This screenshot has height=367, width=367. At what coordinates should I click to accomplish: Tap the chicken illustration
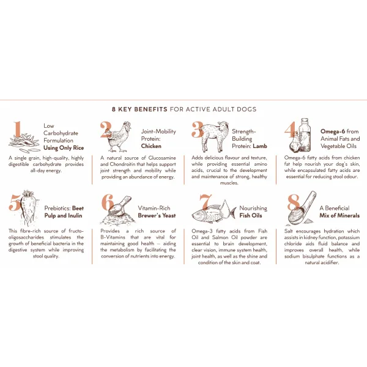pyautogui.click(x=119, y=137)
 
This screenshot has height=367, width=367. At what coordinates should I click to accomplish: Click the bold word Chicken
pyautogui.click(x=151, y=146)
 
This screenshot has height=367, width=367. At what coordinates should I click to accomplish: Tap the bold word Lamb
pyautogui.click(x=260, y=146)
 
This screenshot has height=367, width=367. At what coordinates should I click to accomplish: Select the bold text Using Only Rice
pyautogui.click(x=64, y=148)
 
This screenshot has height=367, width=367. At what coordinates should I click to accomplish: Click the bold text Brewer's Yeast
pyautogui.click(x=157, y=215)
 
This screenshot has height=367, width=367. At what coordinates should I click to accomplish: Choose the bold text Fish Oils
pyautogui.click(x=250, y=215)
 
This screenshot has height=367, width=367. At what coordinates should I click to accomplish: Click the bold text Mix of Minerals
pyautogui.click(x=339, y=215)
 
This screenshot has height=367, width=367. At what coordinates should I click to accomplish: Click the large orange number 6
pyautogui.click(x=108, y=202)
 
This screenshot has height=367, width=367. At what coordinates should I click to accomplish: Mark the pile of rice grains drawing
pyautogui.click(x=23, y=143)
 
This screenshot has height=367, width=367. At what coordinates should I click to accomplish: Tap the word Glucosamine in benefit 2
pyautogui.click(x=162, y=158)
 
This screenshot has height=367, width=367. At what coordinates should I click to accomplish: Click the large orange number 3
pyautogui.click(x=198, y=130)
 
